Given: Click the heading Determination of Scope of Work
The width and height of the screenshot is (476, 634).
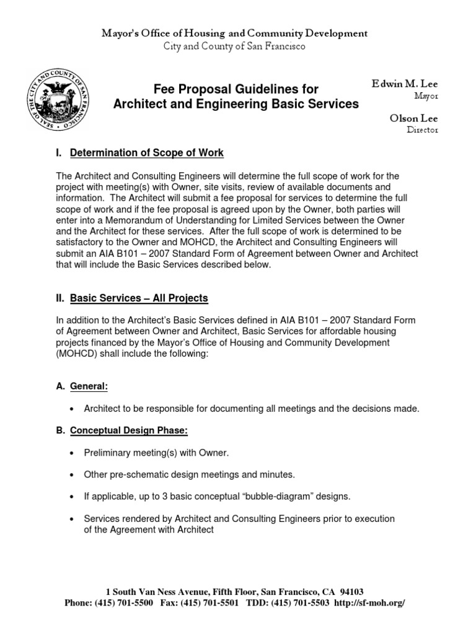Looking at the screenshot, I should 147,152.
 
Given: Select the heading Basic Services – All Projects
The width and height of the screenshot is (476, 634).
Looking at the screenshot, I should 139,298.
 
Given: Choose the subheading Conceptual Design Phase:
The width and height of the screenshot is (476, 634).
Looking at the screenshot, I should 130,430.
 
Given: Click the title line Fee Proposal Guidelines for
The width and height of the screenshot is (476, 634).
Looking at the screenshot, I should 236,89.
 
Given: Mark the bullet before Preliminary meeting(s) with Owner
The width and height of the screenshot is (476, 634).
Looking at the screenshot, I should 73,453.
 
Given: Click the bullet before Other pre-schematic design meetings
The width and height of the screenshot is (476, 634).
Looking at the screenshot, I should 73,475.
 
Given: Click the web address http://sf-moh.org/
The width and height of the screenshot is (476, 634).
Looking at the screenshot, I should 370,603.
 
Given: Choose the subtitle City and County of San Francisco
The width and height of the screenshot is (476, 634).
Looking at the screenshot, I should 234,46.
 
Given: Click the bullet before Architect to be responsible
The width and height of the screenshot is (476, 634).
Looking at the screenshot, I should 73,409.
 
